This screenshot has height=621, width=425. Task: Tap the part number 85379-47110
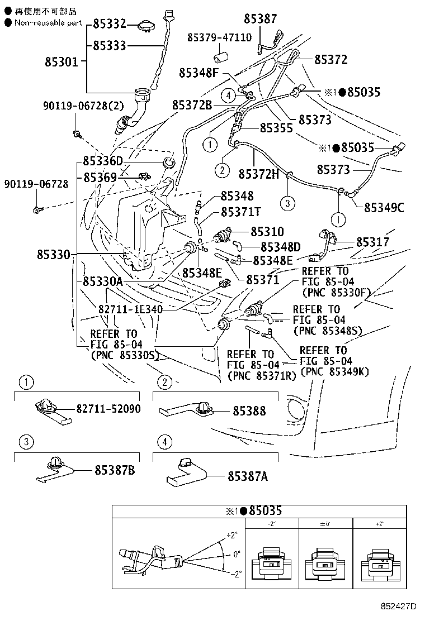click(219, 38)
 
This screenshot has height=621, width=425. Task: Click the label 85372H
click(258, 174)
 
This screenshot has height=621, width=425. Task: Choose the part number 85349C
click(384, 208)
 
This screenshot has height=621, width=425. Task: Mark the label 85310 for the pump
click(267, 231)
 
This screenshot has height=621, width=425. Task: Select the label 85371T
click(240, 212)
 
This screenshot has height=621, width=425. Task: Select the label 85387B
click(115, 470)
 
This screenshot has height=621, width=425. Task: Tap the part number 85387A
click(247, 476)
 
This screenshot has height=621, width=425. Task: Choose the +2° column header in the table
click(380, 524)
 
